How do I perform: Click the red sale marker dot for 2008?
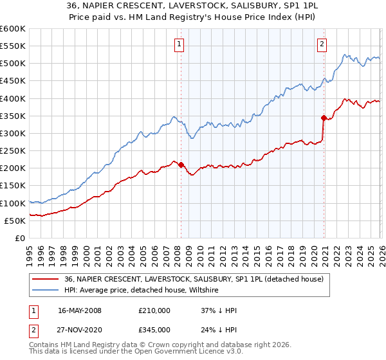[x=181, y=165]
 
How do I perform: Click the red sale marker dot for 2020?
[x=324, y=118]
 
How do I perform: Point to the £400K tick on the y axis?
[x=13, y=98]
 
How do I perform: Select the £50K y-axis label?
[x=15, y=221]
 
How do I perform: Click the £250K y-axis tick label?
[x=13, y=151]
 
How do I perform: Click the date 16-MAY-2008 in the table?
[x=80, y=310]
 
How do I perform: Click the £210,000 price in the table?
[x=154, y=310]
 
